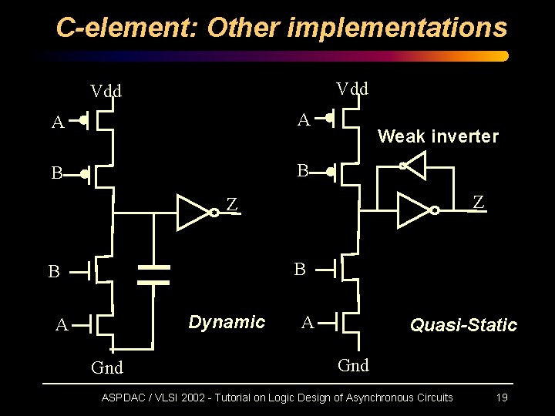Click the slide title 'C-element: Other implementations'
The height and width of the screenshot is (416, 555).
click(x=282, y=28)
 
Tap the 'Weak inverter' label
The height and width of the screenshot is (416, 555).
click(x=438, y=136)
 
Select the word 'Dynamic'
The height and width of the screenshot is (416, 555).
click(x=227, y=321)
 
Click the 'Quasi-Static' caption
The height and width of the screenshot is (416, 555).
click(x=463, y=325)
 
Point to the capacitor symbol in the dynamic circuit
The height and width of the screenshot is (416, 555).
click(x=153, y=275)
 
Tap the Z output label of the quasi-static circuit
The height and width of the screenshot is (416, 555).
click(x=479, y=202)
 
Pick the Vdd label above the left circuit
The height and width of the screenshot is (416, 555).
click(x=106, y=91)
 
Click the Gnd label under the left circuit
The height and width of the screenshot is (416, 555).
click(x=107, y=367)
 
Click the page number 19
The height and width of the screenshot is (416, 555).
click(x=501, y=398)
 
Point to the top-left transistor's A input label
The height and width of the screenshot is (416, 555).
click(x=57, y=122)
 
